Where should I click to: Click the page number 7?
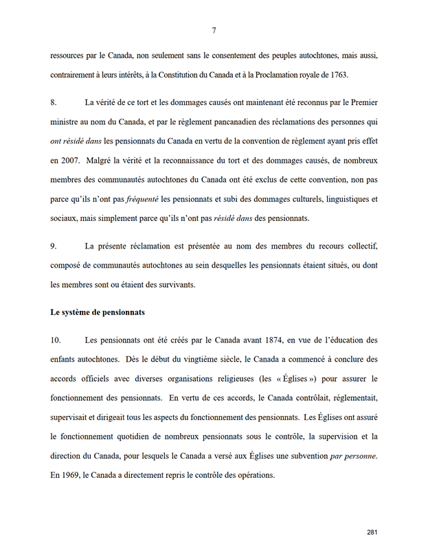[214, 30]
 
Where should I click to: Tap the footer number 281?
[372, 532]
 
